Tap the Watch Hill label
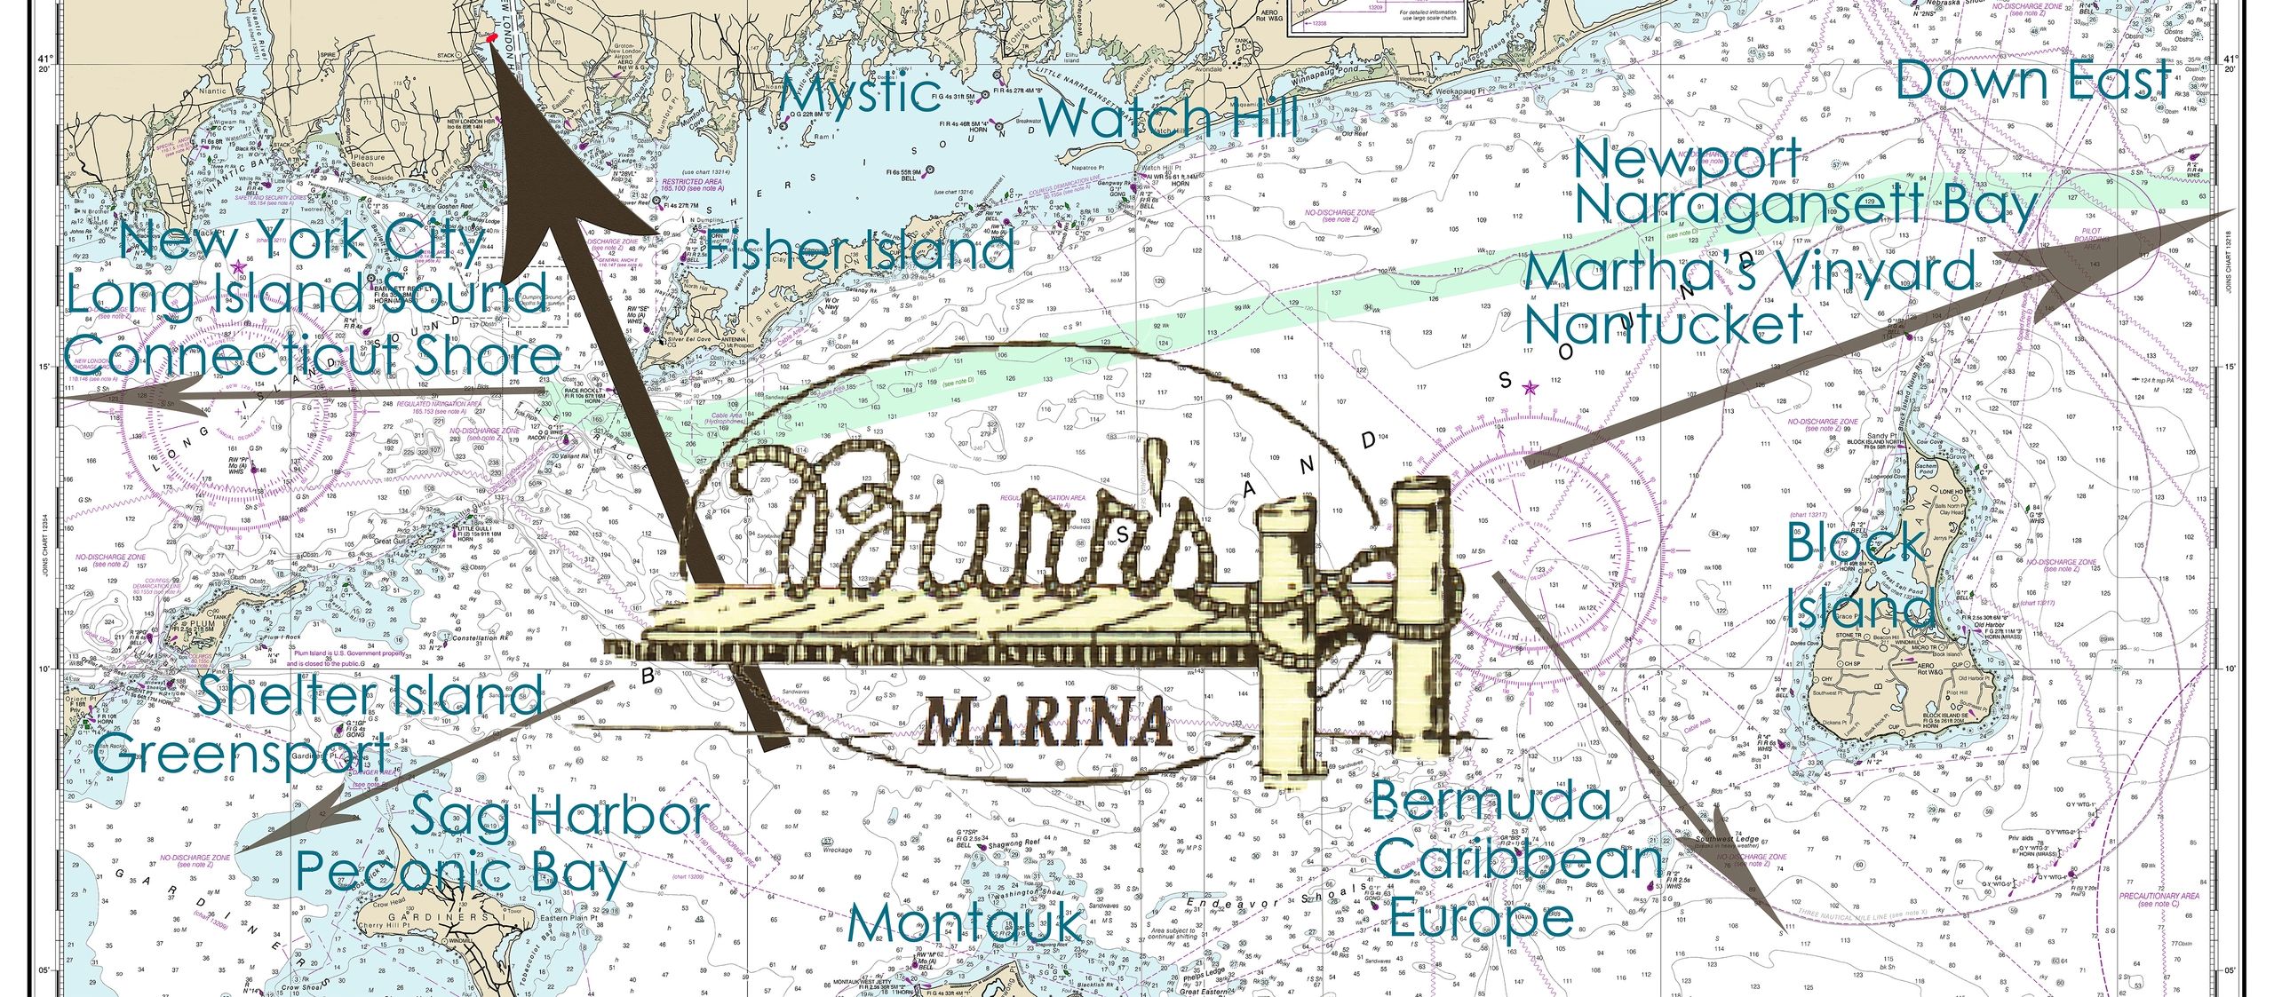coord(1169,118)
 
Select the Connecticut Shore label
coord(313,357)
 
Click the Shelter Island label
coord(370,694)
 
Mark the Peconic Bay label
coord(462,873)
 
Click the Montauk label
coord(965,925)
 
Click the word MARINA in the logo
coord(1046,723)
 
